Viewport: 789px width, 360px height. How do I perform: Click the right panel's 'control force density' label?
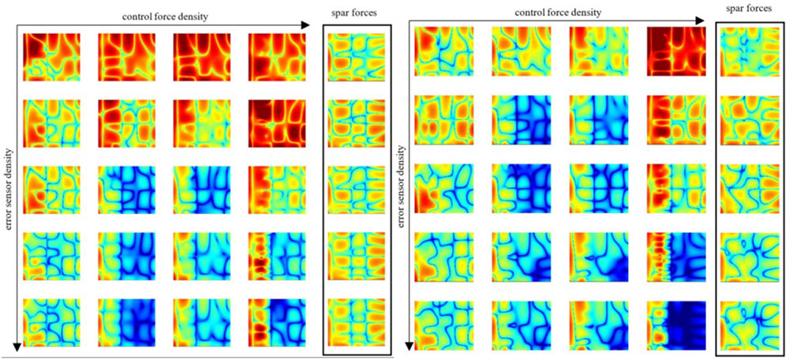(557, 13)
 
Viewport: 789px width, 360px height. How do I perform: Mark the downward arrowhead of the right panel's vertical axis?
(409, 345)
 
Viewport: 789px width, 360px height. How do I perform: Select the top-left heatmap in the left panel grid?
(47, 57)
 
